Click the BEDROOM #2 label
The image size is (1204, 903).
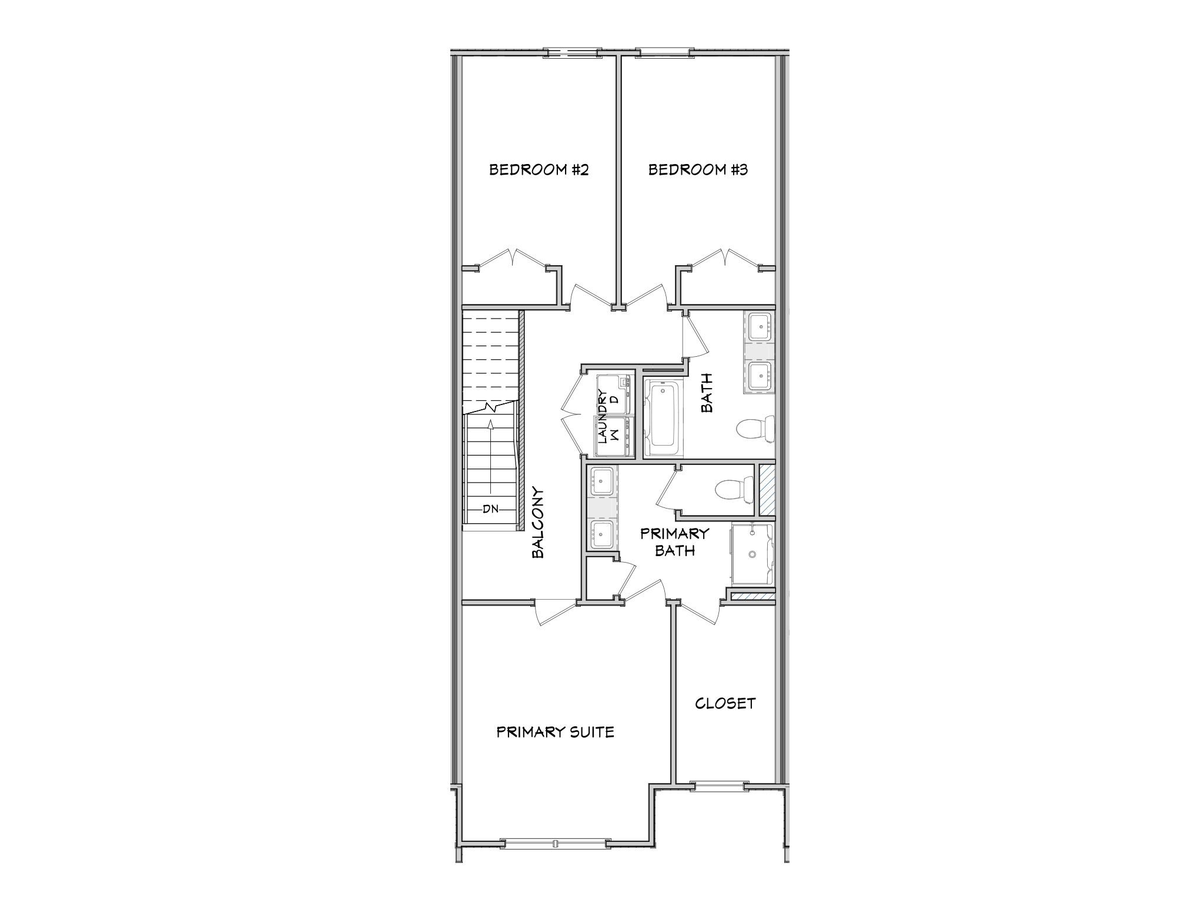[x=539, y=170]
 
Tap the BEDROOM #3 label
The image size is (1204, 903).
[x=698, y=170]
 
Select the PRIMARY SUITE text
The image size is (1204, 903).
[x=555, y=732]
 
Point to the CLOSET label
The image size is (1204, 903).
[x=725, y=703]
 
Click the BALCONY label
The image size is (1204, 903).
[x=538, y=522]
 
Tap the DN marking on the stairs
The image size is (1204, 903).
[x=490, y=509]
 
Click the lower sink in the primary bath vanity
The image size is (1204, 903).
[x=601, y=533]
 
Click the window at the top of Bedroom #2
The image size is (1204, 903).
[x=572, y=53]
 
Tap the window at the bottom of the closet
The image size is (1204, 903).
[x=719, y=785]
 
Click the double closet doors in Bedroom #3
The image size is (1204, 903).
[x=726, y=259]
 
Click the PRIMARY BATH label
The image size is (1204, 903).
[x=674, y=541]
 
